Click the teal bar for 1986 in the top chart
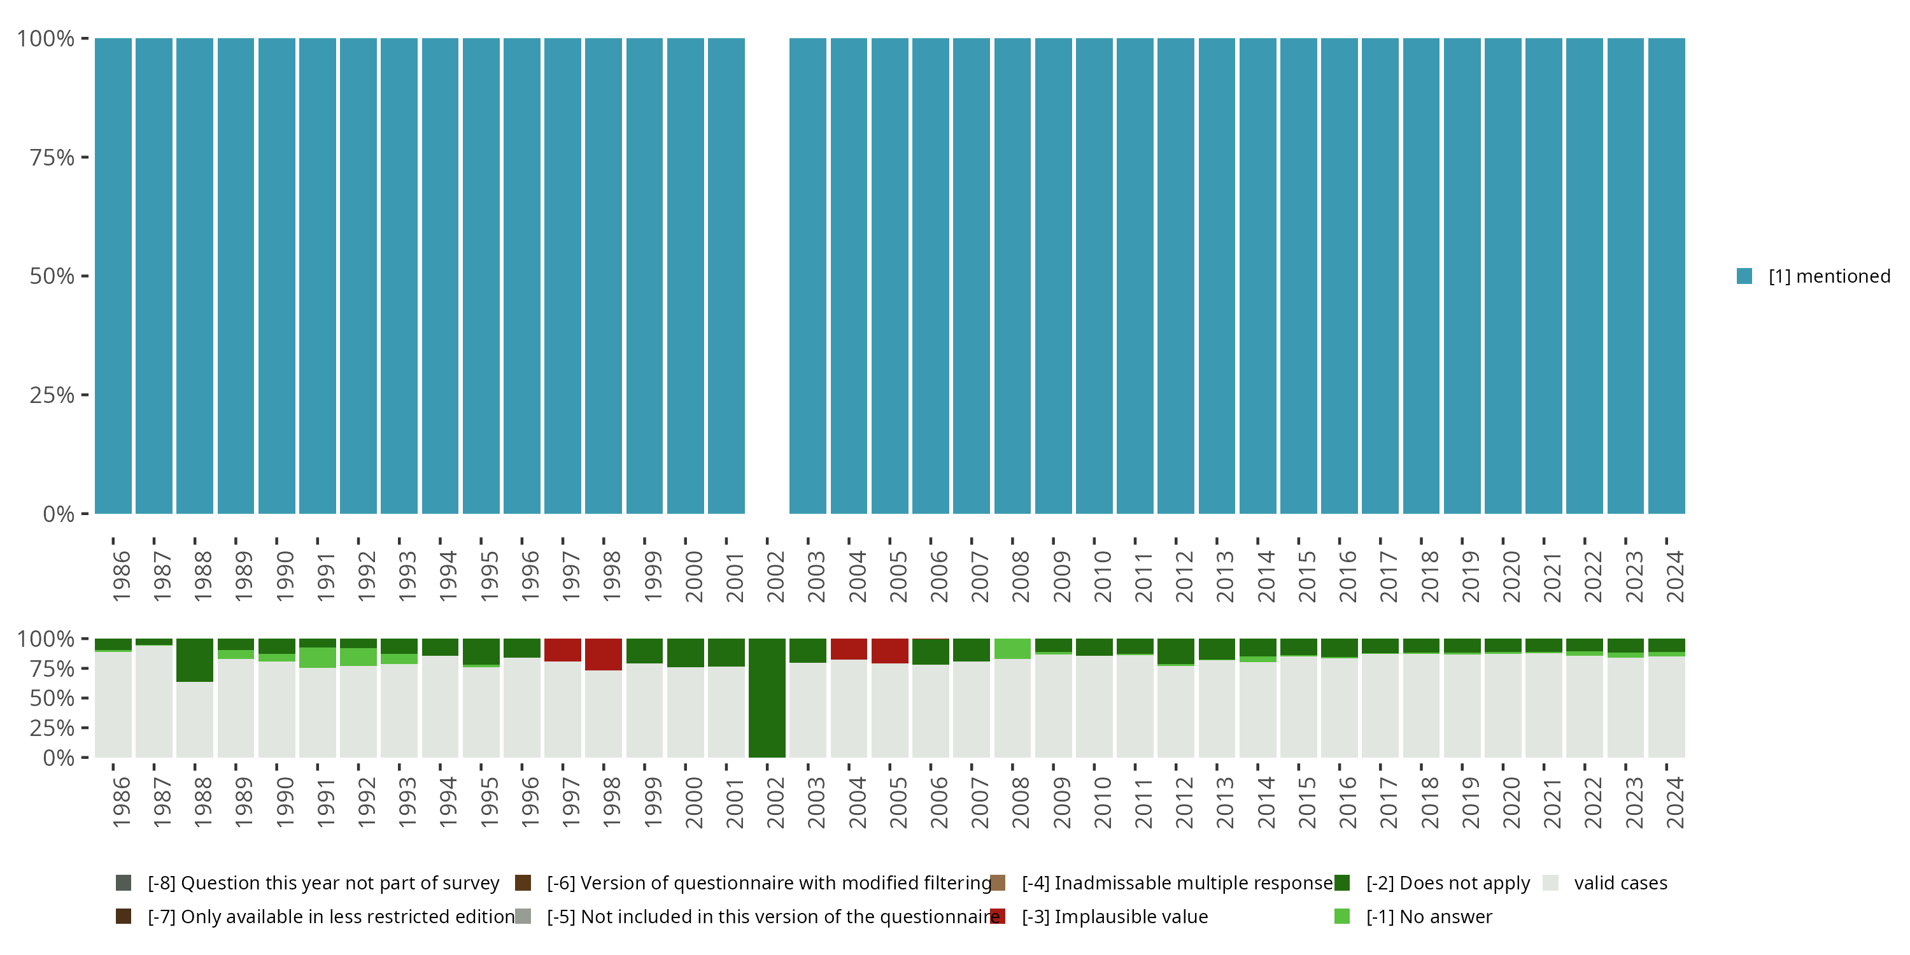point(113,276)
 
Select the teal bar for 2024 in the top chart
point(1666,276)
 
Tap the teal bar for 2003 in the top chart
point(807,276)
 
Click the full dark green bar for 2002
point(767,698)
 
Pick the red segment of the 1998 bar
point(603,654)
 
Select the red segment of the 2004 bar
point(848,649)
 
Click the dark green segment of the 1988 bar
point(195,660)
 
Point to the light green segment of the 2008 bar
point(1012,649)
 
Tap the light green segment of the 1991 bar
point(317,658)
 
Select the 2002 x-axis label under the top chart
point(775,576)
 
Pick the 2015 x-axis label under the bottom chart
point(1306,802)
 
